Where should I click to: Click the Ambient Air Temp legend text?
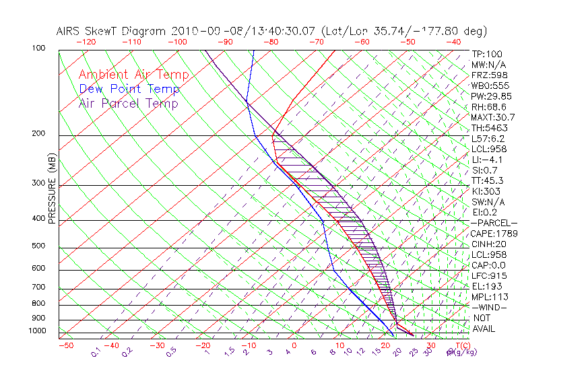[133, 75]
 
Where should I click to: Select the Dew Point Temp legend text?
[129, 89]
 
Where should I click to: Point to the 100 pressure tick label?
[38, 48]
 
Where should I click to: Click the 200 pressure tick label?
[38, 134]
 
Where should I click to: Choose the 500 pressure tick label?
[38, 246]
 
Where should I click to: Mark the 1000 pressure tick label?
[36, 331]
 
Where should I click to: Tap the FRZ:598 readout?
[486, 75]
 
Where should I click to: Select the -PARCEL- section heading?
[494, 223]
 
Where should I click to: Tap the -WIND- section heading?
[490, 307]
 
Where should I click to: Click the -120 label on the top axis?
[86, 42]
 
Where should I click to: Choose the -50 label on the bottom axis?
[65, 345]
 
